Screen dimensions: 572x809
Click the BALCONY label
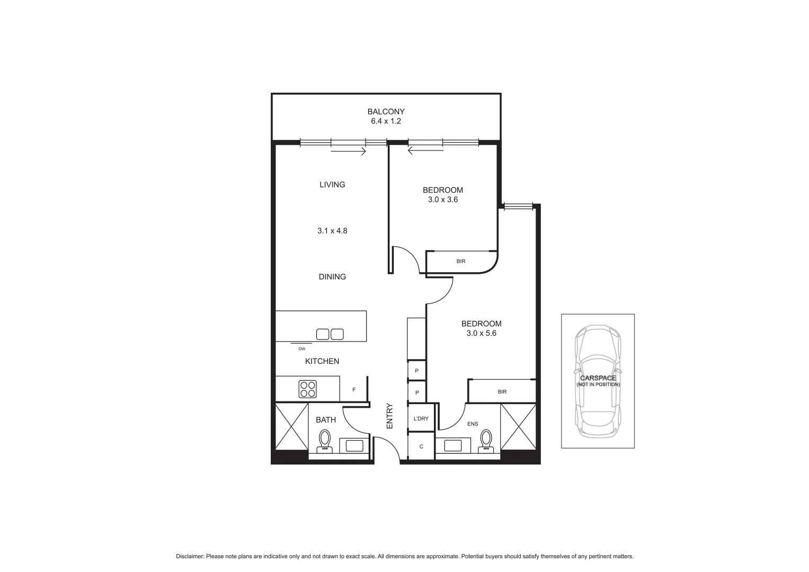(x=386, y=111)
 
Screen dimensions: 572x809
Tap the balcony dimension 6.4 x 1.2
(x=386, y=121)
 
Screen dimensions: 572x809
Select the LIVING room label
(x=332, y=184)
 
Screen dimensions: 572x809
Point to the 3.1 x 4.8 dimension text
(x=332, y=231)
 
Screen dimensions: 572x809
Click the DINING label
(x=332, y=276)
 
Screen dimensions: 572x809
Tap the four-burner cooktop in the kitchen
(x=308, y=389)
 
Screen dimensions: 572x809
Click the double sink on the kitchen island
(x=330, y=334)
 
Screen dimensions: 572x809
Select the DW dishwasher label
(x=301, y=348)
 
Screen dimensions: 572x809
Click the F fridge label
(x=354, y=390)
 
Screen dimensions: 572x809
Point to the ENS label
(x=472, y=424)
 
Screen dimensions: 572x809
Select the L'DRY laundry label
(x=421, y=418)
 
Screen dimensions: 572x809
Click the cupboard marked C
(x=421, y=446)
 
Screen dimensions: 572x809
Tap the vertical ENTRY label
(x=389, y=416)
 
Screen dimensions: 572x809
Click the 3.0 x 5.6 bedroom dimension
(x=481, y=333)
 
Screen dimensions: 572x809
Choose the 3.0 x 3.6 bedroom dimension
(x=442, y=200)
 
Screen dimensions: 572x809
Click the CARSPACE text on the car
(x=598, y=378)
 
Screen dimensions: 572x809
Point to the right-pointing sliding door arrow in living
(x=349, y=151)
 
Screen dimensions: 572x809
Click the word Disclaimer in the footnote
(x=190, y=556)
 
